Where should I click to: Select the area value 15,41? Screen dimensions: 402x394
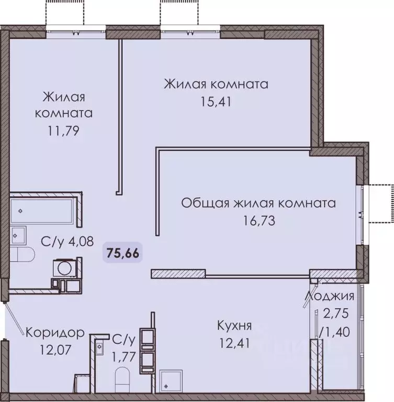(216, 101)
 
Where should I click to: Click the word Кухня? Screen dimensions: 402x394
(234, 326)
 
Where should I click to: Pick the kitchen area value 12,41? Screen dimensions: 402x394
(235, 343)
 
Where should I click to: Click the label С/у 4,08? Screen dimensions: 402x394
(67, 242)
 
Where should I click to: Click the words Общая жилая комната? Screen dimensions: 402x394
(258, 203)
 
